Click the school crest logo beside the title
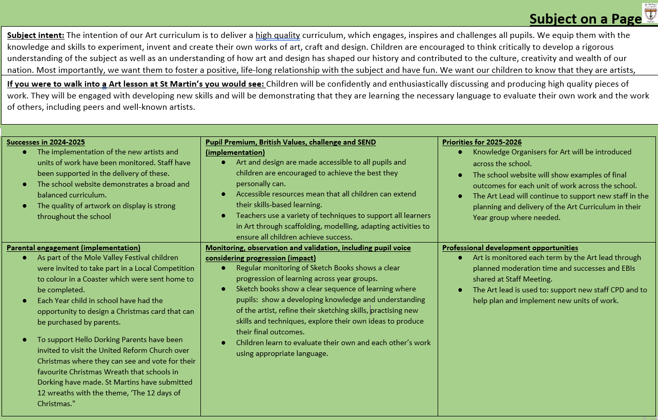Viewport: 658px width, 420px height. pyautogui.click(x=649, y=12)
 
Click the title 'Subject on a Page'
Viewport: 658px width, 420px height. pyautogui.click(x=585, y=19)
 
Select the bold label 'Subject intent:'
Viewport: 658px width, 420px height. pyautogui.click(x=35, y=35)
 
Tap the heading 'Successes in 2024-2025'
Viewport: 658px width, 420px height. pyautogui.click(x=46, y=142)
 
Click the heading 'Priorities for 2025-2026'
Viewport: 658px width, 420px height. pyautogui.click(x=482, y=142)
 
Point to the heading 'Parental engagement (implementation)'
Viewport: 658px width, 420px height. pyautogui.click(x=73, y=248)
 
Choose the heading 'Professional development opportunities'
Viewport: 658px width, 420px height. pyautogui.click(x=510, y=248)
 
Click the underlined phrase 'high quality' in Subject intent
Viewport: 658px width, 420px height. pyautogui.click(x=278, y=35)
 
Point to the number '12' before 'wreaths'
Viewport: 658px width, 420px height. pyautogui.click(x=42, y=393)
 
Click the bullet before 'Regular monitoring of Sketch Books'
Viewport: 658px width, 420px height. pyautogui.click(x=224, y=268)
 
